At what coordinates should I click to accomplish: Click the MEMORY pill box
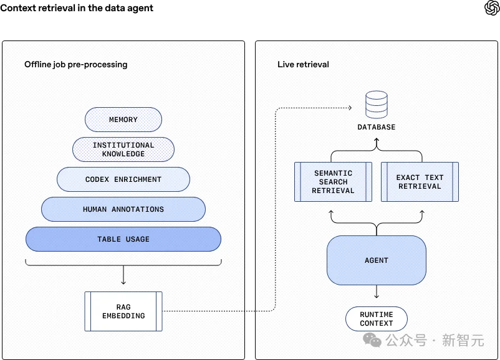(123, 120)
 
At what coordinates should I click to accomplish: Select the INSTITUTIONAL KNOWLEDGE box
(123, 149)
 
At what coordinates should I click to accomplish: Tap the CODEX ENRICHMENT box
(123, 179)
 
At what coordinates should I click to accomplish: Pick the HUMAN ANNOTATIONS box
(123, 209)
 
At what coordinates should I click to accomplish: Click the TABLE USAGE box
(123, 239)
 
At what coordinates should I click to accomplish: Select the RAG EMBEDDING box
(123, 311)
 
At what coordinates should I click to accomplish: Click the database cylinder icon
(377, 104)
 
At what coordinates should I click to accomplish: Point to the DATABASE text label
(377, 127)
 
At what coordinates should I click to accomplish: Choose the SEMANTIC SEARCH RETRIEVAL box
(333, 182)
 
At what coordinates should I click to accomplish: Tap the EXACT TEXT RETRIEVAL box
(420, 182)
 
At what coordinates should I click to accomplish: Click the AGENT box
(377, 260)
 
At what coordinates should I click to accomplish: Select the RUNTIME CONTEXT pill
(377, 319)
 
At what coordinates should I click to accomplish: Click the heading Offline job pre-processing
(76, 65)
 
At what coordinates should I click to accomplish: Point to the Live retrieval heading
(304, 65)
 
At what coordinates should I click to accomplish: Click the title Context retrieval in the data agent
(77, 9)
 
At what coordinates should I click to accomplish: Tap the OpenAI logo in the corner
(491, 8)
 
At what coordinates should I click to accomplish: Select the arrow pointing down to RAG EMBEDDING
(123, 276)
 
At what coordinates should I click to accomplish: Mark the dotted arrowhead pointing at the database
(349, 108)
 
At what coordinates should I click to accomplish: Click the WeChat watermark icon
(373, 340)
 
